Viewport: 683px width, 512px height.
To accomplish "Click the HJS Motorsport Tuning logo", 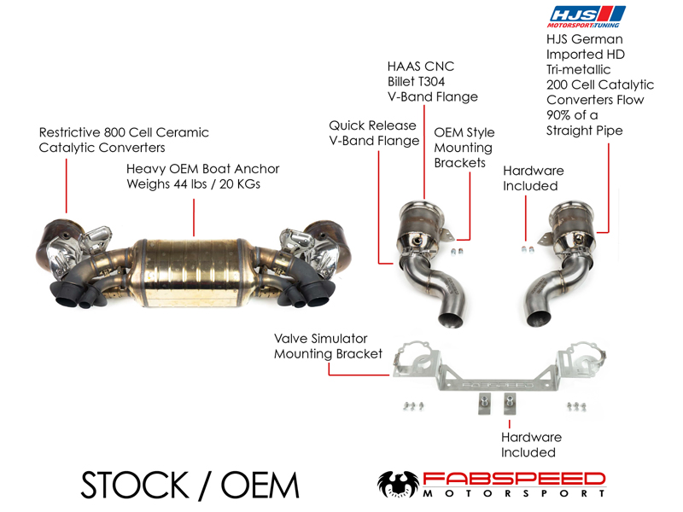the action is pos(587,17).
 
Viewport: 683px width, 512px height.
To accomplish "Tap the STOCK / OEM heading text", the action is pos(190,485).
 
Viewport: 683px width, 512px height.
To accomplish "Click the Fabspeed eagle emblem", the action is pos(398,484).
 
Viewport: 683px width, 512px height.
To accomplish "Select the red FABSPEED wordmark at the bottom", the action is pos(514,480).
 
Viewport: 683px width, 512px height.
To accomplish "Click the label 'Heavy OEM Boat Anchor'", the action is pos(202,169).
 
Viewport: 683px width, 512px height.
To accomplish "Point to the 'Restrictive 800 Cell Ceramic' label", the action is pos(124,132).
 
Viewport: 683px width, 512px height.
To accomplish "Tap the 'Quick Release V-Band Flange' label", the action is pos(374,133).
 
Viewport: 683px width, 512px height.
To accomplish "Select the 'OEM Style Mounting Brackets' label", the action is pos(464,148).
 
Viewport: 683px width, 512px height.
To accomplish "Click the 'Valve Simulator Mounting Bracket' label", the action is pos(328,346).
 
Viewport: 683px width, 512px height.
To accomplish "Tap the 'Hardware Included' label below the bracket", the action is pos(531,445).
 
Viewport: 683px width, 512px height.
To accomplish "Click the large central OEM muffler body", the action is pos(191,272).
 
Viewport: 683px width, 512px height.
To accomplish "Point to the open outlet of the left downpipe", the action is pos(451,321).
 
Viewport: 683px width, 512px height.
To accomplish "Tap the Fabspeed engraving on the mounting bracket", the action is pos(497,385).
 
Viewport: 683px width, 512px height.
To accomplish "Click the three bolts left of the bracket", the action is pos(413,406).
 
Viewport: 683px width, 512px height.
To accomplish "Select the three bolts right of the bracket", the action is pos(576,406).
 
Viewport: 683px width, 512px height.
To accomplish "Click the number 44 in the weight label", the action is pos(180,184).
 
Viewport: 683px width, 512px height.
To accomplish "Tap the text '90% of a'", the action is pos(572,115).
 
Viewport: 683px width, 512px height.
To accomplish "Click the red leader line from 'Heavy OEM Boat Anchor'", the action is pos(194,218).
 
